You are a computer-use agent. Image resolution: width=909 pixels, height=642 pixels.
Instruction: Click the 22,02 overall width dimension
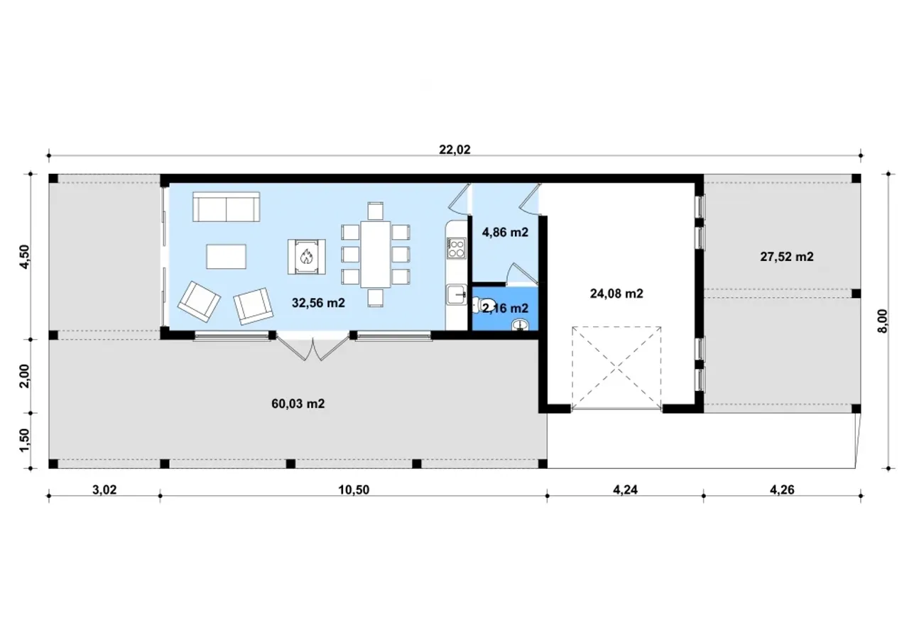tap(454, 150)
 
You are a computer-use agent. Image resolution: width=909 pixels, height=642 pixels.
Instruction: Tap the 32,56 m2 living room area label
tap(318, 302)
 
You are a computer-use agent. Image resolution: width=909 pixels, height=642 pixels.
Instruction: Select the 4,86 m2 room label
tap(505, 232)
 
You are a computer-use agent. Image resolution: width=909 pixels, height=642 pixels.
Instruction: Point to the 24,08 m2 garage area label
tap(616, 294)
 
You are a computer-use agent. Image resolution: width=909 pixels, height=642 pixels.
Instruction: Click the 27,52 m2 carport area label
tap(786, 257)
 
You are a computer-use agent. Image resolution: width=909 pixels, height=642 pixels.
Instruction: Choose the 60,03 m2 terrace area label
tap(298, 404)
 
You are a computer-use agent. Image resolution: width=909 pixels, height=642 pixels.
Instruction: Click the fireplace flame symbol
tap(306, 257)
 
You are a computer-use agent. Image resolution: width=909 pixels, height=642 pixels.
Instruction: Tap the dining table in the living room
tap(376, 254)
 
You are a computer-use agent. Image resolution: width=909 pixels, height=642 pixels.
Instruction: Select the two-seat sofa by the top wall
tap(226, 206)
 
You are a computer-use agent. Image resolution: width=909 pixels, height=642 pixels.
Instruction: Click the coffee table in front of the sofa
tap(226, 257)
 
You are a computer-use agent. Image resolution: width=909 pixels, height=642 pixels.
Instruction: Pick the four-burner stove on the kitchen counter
tap(456, 248)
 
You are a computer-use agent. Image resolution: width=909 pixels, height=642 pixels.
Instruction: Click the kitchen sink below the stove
tap(457, 294)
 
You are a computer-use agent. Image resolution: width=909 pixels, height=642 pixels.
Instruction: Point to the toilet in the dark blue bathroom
tap(484, 304)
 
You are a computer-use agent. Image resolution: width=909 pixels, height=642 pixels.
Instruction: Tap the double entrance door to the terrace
tap(313, 348)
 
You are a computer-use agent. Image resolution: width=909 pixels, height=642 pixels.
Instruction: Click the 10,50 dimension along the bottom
tap(354, 489)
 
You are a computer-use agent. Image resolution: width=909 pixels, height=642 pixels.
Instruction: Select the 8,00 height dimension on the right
tap(882, 321)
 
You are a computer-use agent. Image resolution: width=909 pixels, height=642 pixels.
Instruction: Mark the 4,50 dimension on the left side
tap(24, 257)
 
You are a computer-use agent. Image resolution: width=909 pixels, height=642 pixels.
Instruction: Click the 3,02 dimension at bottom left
tap(104, 489)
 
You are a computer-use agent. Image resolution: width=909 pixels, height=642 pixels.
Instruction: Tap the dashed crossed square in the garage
tap(616, 368)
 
